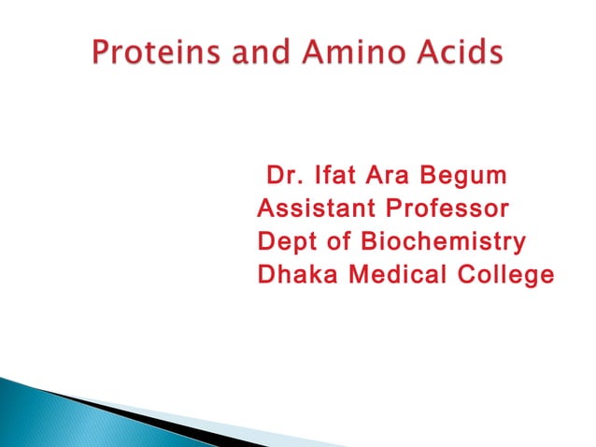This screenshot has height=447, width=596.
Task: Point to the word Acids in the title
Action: point(454,55)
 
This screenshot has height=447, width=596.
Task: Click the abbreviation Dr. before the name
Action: point(285,175)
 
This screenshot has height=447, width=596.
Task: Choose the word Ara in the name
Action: point(396,175)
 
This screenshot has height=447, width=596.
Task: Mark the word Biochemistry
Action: point(443,242)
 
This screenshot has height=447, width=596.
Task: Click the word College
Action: point(505,276)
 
